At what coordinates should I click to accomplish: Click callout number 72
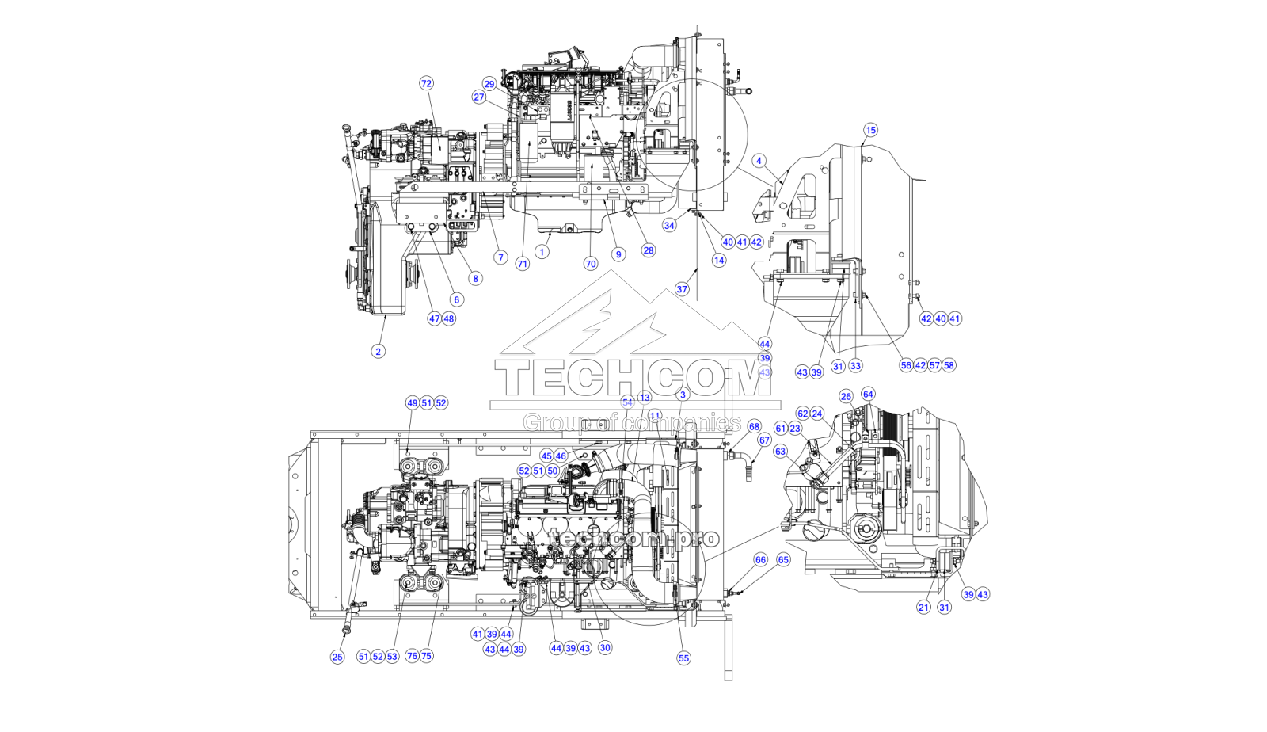[426, 83]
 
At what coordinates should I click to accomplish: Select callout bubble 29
[489, 84]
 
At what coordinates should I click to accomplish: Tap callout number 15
[870, 130]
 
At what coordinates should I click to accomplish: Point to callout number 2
[378, 351]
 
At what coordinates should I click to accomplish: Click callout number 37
[682, 289]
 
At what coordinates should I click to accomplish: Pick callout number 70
[590, 264]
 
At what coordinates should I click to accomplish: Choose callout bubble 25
[337, 657]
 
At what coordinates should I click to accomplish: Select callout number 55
[683, 658]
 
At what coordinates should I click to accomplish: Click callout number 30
[605, 648]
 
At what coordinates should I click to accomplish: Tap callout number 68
[754, 426]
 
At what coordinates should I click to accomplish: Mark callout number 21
[923, 608]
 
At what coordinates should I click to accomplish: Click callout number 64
[868, 394]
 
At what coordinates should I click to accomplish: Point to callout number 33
[855, 366]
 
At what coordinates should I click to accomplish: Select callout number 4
[759, 161]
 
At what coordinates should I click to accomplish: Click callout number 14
[718, 260]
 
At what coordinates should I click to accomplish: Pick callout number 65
[783, 560]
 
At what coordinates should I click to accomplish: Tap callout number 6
[456, 299]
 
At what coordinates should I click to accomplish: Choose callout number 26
[846, 396]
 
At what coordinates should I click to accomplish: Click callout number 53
[392, 657]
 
